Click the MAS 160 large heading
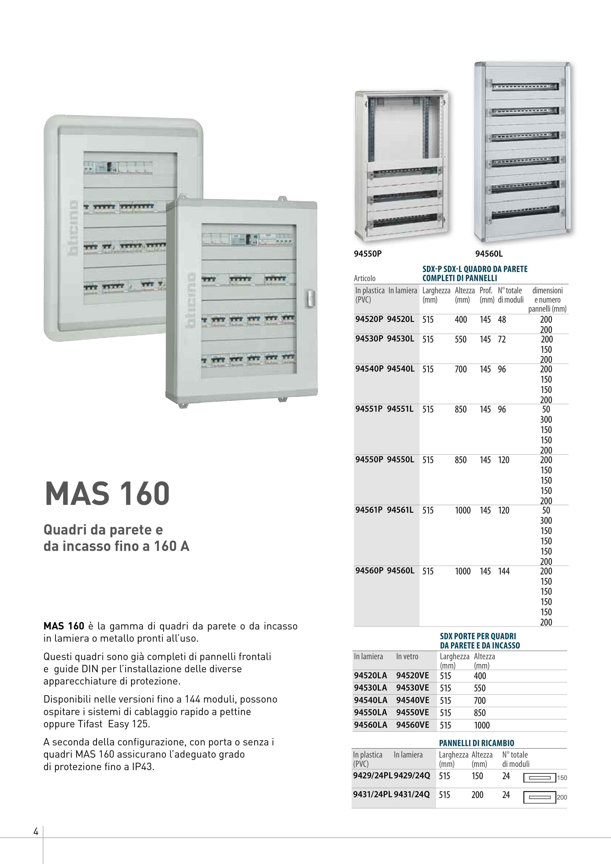click(x=107, y=493)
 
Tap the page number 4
click(x=36, y=831)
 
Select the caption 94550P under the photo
click(x=368, y=254)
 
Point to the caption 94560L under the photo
click(x=489, y=254)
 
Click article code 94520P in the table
click(x=369, y=319)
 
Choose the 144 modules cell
click(x=504, y=571)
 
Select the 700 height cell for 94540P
click(x=461, y=369)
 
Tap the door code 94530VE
click(x=412, y=688)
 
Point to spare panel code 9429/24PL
click(x=372, y=775)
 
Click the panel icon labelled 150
click(x=540, y=777)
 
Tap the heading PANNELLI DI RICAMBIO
click(x=476, y=743)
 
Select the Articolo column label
click(x=364, y=278)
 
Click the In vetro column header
click(x=407, y=657)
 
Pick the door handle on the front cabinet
click(x=310, y=299)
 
